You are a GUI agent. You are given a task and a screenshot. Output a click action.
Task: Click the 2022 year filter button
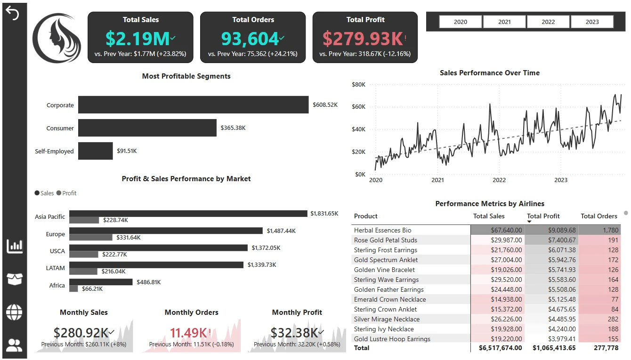(x=548, y=22)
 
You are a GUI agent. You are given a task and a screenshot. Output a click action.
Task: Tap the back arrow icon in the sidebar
(x=13, y=14)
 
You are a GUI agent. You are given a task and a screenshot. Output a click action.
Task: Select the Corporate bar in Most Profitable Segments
(x=193, y=105)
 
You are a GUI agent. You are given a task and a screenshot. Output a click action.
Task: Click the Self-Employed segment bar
(x=96, y=151)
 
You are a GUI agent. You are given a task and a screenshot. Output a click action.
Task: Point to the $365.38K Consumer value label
(x=233, y=128)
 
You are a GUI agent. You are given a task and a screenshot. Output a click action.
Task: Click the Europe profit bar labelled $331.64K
(x=91, y=238)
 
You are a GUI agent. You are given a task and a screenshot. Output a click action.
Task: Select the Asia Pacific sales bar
(x=188, y=214)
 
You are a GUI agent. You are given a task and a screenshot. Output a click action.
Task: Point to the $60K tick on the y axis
(x=359, y=107)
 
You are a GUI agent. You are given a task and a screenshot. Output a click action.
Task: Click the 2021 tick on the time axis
(x=437, y=180)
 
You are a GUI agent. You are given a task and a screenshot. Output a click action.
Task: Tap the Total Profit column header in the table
(x=543, y=216)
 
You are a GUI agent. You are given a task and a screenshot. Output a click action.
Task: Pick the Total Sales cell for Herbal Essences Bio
(x=497, y=230)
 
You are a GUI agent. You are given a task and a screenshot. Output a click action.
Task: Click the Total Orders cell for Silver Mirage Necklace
(x=599, y=319)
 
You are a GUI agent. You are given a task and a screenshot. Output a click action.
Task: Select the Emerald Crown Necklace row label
(x=390, y=299)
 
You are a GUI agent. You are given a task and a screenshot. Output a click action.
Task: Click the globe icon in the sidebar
(x=14, y=312)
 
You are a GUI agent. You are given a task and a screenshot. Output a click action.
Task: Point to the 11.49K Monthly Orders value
(x=188, y=333)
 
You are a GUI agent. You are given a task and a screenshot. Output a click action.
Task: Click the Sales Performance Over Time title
(x=490, y=73)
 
